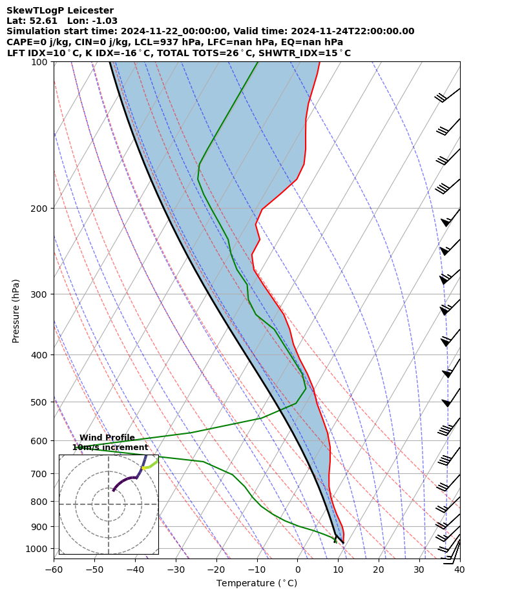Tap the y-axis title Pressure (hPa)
[x=16, y=311]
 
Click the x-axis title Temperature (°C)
[x=256, y=584]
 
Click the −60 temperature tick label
[x=54, y=569]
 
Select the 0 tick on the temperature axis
[x=297, y=569]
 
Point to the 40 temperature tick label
[x=459, y=569]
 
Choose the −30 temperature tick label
[x=175, y=569]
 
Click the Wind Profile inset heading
[x=107, y=438]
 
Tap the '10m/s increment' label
[x=110, y=447]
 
